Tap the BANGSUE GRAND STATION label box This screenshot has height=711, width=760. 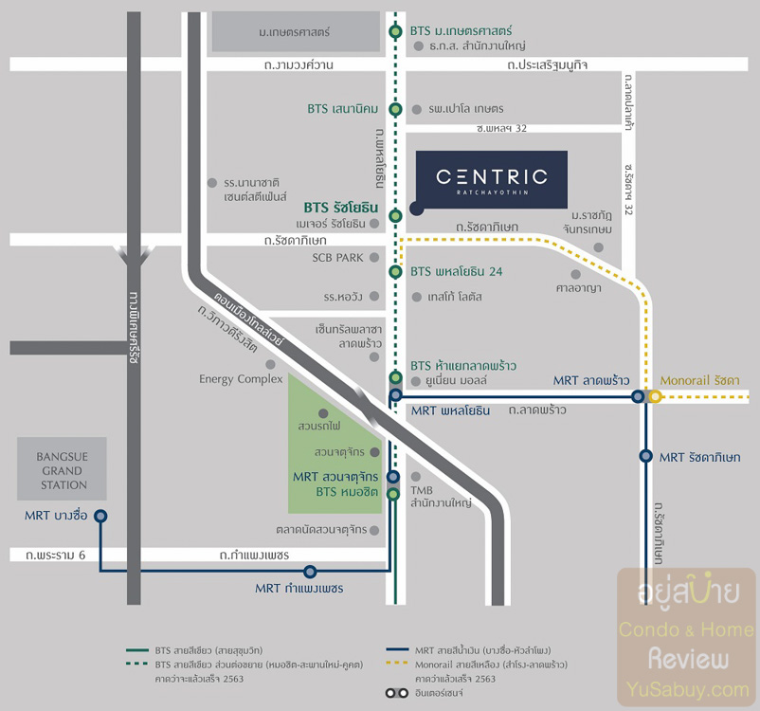(x=62, y=469)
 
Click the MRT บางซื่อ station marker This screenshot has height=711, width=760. (x=100, y=516)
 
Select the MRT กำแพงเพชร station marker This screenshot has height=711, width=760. (x=310, y=571)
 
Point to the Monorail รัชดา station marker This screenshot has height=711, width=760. (x=655, y=397)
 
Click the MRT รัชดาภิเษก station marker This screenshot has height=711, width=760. (x=645, y=456)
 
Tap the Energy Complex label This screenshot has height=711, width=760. (x=241, y=379)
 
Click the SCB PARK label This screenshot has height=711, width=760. (x=337, y=257)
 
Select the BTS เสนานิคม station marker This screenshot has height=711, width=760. (x=395, y=109)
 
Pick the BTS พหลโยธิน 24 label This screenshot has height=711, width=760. (x=456, y=272)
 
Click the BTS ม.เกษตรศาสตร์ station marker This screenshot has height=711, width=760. (x=395, y=32)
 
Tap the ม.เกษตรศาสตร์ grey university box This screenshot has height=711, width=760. (x=294, y=32)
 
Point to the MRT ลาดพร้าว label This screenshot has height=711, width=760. (x=591, y=380)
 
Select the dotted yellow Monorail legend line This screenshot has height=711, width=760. (x=401, y=665)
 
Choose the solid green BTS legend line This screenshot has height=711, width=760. (x=138, y=651)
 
